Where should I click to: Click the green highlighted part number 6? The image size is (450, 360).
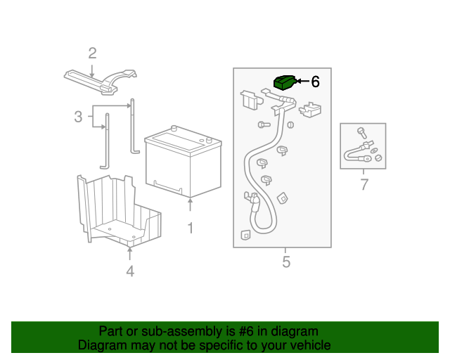pyautogui.click(x=283, y=82)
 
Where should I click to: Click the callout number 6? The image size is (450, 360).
pyautogui.click(x=315, y=82)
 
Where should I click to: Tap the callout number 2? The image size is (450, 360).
pyautogui.click(x=92, y=53)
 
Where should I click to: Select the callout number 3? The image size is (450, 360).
pyautogui.click(x=78, y=117)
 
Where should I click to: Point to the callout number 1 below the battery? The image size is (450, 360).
pyautogui.click(x=190, y=228)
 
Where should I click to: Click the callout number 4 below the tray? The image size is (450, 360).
pyautogui.click(x=129, y=271)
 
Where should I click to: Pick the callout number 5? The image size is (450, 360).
pyautogui.click(x=285, y=262)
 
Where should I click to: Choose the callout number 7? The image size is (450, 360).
pyautogui.click(x=364, y=186)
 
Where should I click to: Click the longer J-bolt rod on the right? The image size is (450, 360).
pyautogui.click(x=132, y=130)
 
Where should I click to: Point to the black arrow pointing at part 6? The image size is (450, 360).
pyautogui.click(x=303, y=82)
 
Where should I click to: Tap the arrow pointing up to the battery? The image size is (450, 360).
pyautogui.click(x=190, y=206)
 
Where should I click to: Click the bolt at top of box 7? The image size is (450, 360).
pyautogui.click(x=361, y=131)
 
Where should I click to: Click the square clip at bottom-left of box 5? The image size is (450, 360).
pyautogui.click(x=245, y=236)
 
